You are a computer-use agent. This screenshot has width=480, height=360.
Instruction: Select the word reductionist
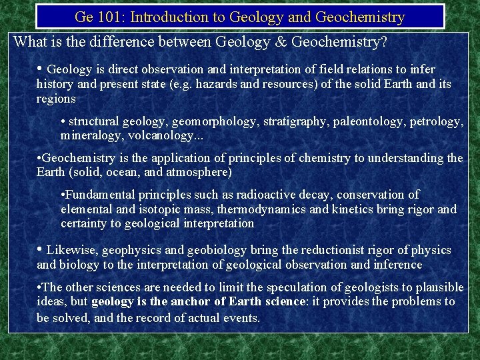pyautogui.click(x=333, y=251)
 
